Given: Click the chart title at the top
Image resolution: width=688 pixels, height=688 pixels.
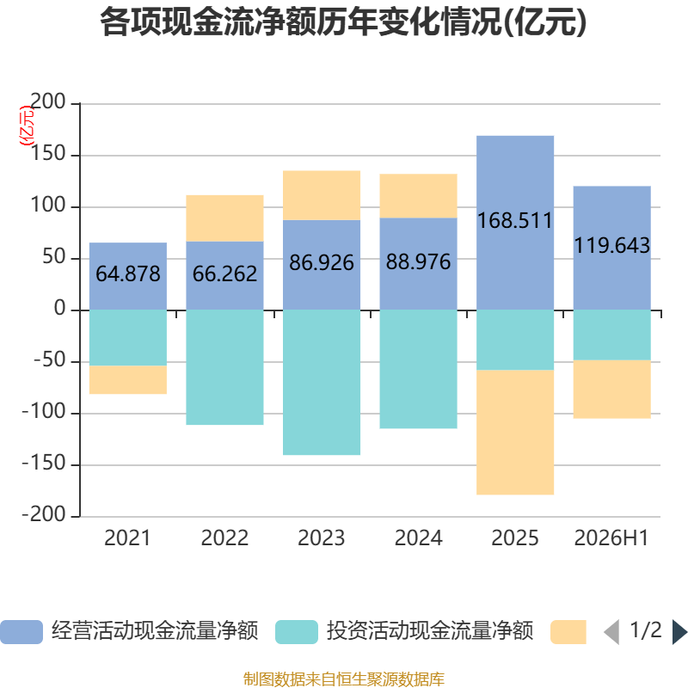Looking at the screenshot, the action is [x=343, y=22].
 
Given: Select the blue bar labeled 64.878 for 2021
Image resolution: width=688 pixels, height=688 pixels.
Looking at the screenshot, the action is [x=128, y=276].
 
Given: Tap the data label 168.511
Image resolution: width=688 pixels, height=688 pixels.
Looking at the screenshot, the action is [x=514, y=220].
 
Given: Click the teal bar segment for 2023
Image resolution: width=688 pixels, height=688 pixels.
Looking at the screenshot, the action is [x=322, y=383].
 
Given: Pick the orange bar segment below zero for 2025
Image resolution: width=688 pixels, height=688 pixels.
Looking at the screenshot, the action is [x=515, y=433].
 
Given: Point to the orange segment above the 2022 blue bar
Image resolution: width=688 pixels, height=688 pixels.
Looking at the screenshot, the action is [x=224, y=218].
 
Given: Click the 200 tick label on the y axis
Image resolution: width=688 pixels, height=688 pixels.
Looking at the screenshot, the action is [x=48, y=101].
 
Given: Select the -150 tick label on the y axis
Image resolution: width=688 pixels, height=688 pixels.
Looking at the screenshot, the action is [x=44, y=463].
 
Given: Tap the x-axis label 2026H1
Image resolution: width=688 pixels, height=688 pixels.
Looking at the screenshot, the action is [x=611, y=538].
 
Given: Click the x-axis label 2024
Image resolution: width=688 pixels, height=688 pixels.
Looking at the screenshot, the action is [x=418, y=538].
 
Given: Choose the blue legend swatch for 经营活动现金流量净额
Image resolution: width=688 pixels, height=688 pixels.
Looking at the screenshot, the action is [x=21, y=632].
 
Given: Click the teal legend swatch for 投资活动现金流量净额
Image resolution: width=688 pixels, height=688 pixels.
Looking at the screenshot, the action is [x=297, y=632].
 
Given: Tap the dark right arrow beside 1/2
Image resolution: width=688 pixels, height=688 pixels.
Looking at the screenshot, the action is [x=679, y=632].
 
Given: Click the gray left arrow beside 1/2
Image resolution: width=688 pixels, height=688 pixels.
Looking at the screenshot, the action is [x=611, y=632].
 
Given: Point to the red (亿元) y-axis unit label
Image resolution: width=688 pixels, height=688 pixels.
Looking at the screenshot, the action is [x=27, y=126].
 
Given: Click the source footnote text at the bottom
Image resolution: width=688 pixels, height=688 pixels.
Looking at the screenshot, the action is [x=344, y=679].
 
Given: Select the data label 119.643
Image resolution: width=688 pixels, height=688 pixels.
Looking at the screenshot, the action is [x=611, y=245].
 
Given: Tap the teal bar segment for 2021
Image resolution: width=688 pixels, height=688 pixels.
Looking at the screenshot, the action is [x=128, y=338].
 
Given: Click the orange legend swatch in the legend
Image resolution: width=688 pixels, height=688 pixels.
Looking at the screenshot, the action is [x=568, y=632].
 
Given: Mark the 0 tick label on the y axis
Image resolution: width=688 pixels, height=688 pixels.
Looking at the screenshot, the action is [x=59, y=308].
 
